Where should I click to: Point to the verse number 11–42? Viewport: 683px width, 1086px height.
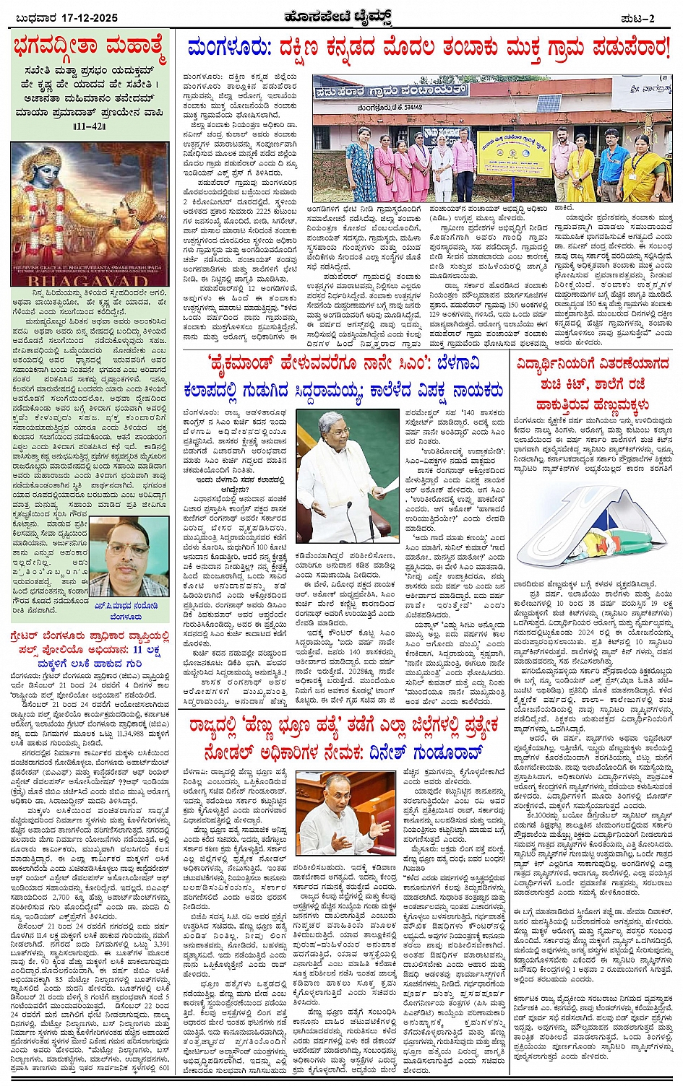point(90,126)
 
